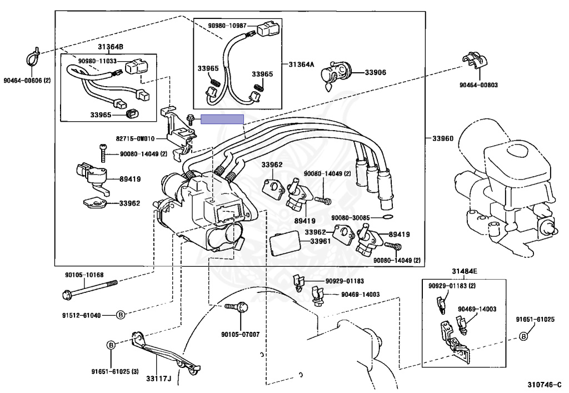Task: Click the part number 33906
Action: [375, 72]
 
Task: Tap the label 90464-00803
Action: [478, 85]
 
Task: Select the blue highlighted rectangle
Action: [222, 119]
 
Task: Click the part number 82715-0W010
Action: [136, 138]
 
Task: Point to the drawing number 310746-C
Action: [544, 384]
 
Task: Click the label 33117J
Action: [158, 379]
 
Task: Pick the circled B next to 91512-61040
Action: [120, 315]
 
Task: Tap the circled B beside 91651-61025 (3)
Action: [111, 345]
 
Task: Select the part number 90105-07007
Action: [241, 334]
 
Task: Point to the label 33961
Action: [321, 241]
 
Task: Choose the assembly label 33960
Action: [442, 138]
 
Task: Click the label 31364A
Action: [301, 64]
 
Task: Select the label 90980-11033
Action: [98, 61]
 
